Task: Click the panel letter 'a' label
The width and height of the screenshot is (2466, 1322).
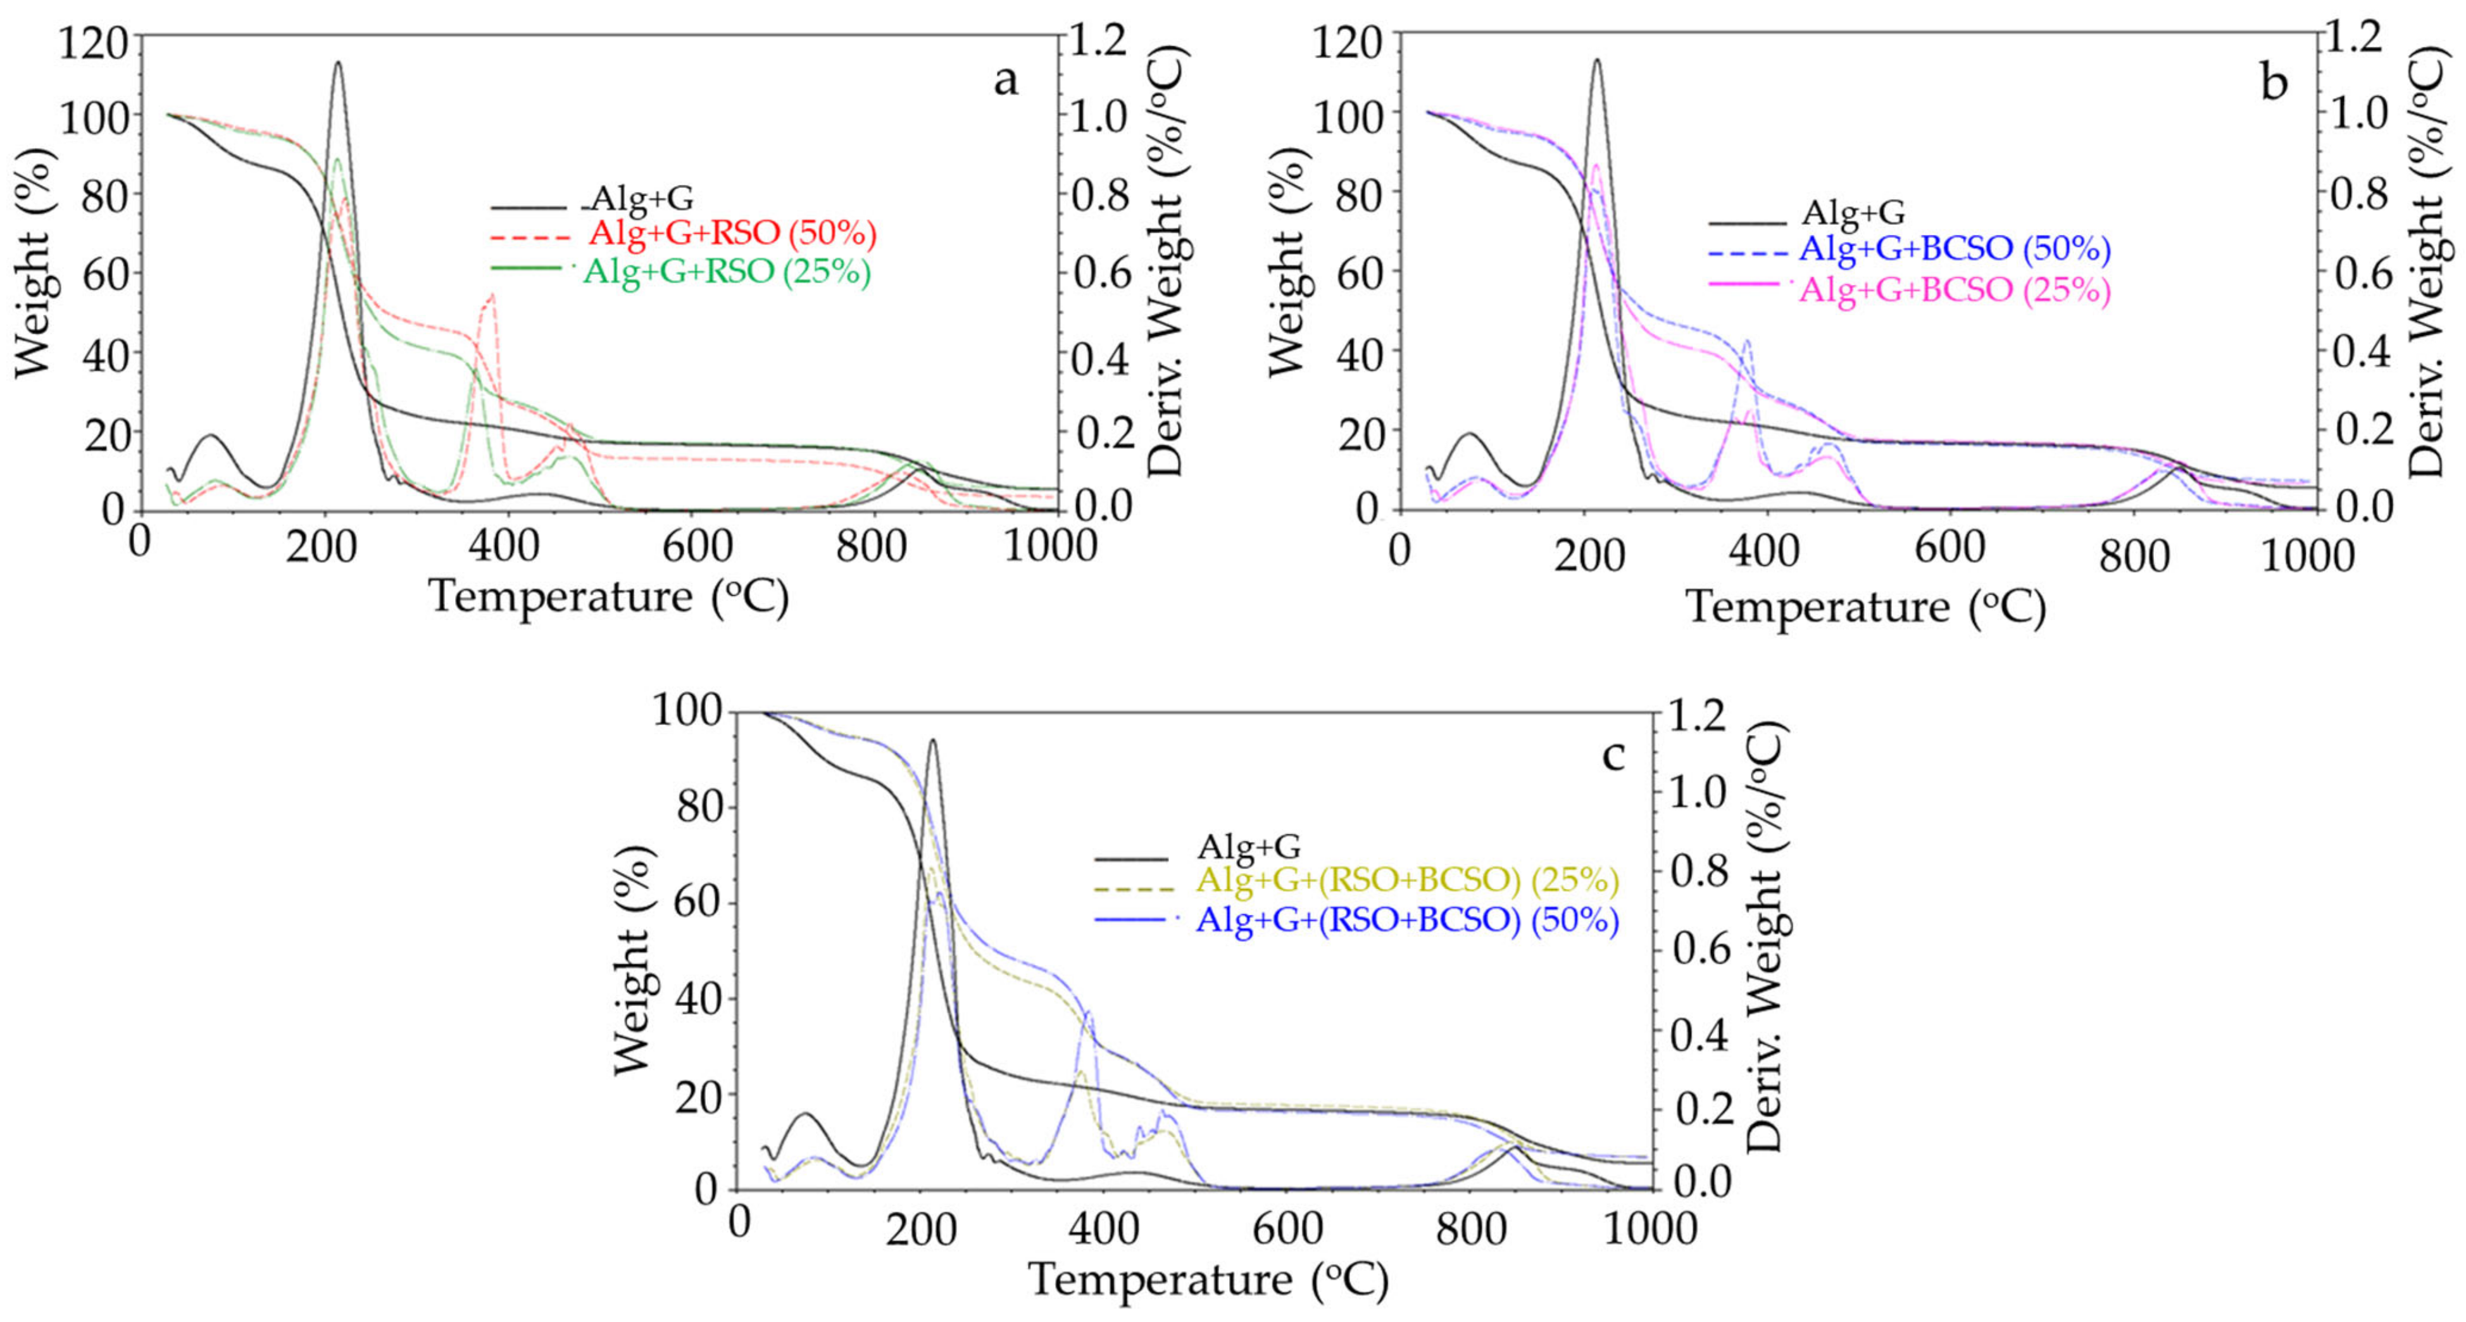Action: coord(1005,80)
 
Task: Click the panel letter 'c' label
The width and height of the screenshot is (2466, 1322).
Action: coord(1614,755)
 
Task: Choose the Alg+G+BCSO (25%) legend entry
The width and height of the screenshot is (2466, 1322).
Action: coord(1955,289)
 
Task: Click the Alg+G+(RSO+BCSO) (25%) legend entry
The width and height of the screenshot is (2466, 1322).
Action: coord(1407,879)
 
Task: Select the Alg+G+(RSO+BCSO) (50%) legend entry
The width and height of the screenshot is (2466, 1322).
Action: coord(1407,920)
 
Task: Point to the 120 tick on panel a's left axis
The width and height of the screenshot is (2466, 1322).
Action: coord(93,42)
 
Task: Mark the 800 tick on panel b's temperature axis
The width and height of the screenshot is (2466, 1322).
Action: coord(2134,555)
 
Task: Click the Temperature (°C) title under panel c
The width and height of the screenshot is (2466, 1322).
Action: coord(1208,1280)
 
